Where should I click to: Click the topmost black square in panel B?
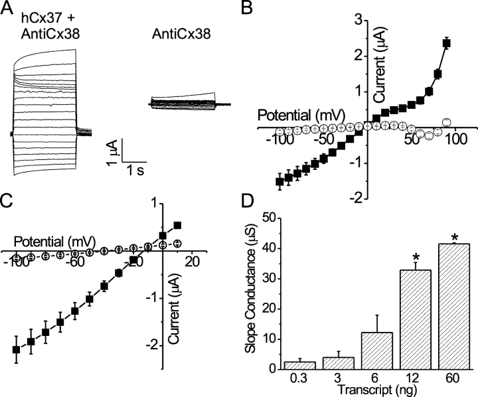pos(447,44)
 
